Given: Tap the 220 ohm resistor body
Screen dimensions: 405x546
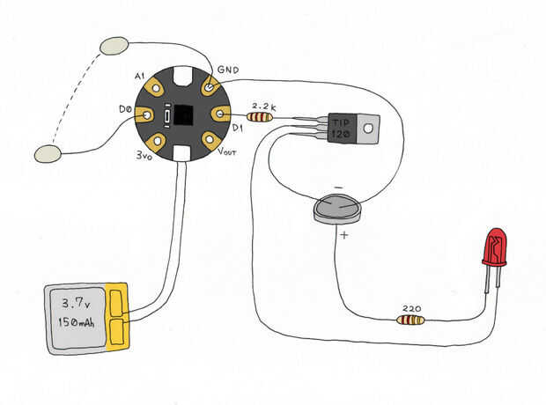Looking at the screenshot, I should pyautogui.click(x=410, y=320).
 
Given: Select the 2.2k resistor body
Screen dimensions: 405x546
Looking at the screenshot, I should pyautogui.click(x=260, y=116).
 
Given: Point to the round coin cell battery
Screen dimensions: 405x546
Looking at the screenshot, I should pyautogui.click(x=338, y=209).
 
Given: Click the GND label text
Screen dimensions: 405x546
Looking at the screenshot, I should pyautogui.click(x=228, y=70).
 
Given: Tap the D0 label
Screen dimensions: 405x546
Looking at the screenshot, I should pyautogui.click(x=125, y=109).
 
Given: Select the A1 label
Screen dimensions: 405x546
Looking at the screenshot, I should pyautogui.click(x=141, y=76).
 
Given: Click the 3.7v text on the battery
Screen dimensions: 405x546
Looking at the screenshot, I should pyautogui.click(x=77, y=304).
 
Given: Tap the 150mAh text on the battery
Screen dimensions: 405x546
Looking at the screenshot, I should pyautogui.click(x=77, y=324).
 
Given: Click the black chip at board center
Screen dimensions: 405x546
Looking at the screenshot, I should pyautogui.click(x=184, y=115).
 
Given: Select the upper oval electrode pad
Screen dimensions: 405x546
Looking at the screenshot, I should pyautogui.click(x=115, y=45).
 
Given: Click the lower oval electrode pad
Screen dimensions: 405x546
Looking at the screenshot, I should pyautogui.click(x=48, y=155).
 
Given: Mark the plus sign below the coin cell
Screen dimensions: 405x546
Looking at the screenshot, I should pyautogui.click(x=343, y=236).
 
